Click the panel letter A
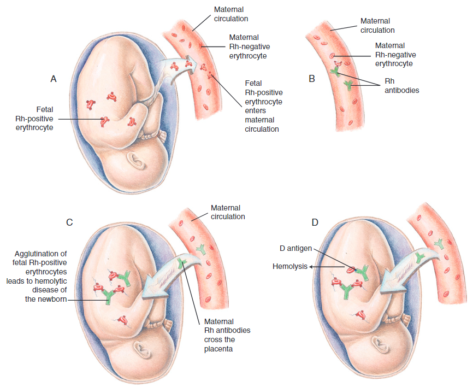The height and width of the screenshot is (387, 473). coord(54,79)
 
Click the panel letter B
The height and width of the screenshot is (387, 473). coord(312,79)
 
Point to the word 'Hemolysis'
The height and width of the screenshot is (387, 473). coord(289,266)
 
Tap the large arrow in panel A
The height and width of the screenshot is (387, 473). coord(175,69)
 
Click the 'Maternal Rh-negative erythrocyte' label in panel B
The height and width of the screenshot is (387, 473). coord(394,55)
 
